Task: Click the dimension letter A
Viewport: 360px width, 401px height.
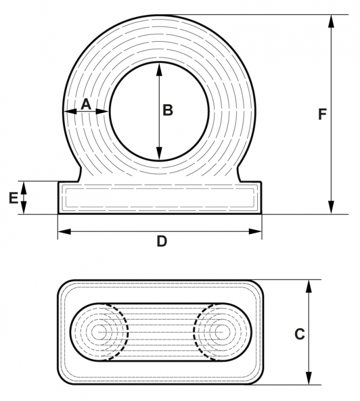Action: coord(85,104)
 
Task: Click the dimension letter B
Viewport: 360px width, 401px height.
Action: coord(167,110)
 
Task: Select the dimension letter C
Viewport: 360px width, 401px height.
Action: coord(299,333)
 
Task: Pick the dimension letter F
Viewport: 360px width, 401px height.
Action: coord(322,114)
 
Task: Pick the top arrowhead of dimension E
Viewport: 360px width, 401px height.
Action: coord(24,185)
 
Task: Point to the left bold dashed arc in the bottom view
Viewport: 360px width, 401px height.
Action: coord(124,332)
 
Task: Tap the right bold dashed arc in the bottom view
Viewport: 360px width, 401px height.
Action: coord(196,332)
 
